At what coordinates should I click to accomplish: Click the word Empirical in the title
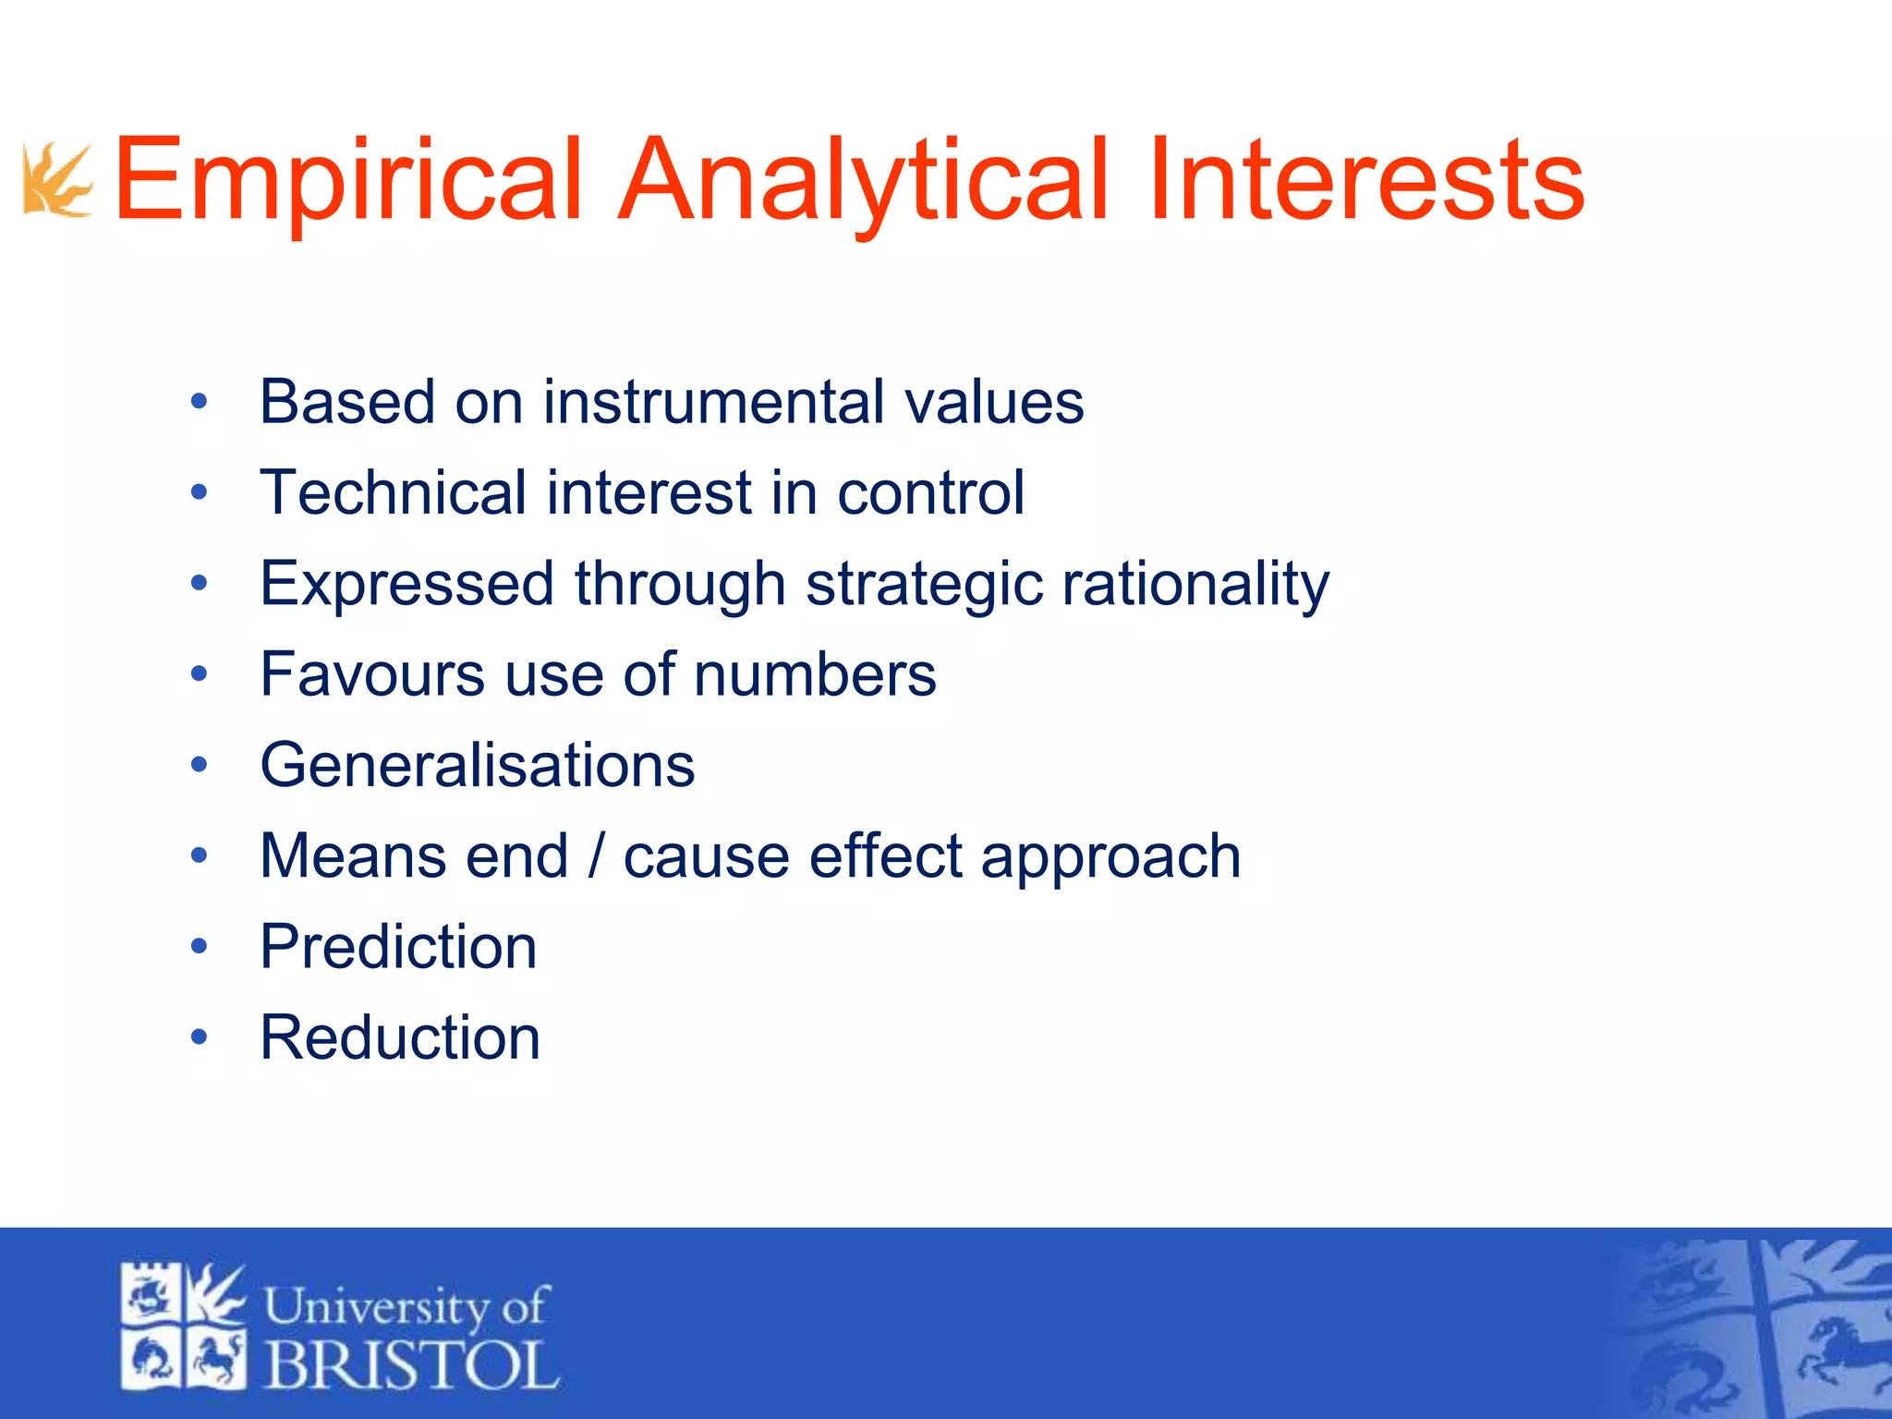pyautogui.click(x=347, y=180)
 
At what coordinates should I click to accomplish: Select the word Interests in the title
pyautogui.click(x=1365, y=180)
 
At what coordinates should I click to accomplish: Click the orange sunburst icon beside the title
pyautogui.click(x=57, y=180)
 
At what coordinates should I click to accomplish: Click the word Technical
pyautogui.click(x=392, y=492)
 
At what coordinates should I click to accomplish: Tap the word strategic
pyautogui.click(x=924, y=584)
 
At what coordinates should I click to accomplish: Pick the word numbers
pyautogui.click(x=815, y=674)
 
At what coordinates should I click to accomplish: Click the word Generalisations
pyautogui.click(x=477, y=765)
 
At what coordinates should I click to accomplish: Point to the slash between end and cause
pyautogui.click(x=596, y=856)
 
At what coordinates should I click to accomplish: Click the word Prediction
pyautogui.click(x=398, y=947)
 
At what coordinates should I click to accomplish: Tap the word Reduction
pyautogui.click(x=400, y=1037)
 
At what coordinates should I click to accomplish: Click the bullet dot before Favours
pyautogui.click(x=199, y=674)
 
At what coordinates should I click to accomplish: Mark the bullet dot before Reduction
pyautogui.click(x=199, y=1037)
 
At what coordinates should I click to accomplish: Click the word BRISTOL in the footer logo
pyautogui.click(x=412, y=1364)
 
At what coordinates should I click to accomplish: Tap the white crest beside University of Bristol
pyautogui.click(x=184, y=1327)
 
